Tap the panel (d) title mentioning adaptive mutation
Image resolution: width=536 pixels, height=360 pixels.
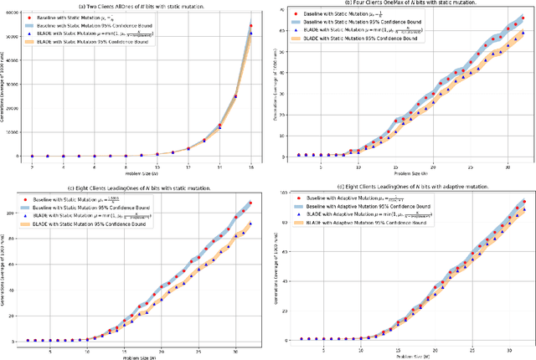(409, 186)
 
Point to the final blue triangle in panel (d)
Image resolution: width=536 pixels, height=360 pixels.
(523, 205)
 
